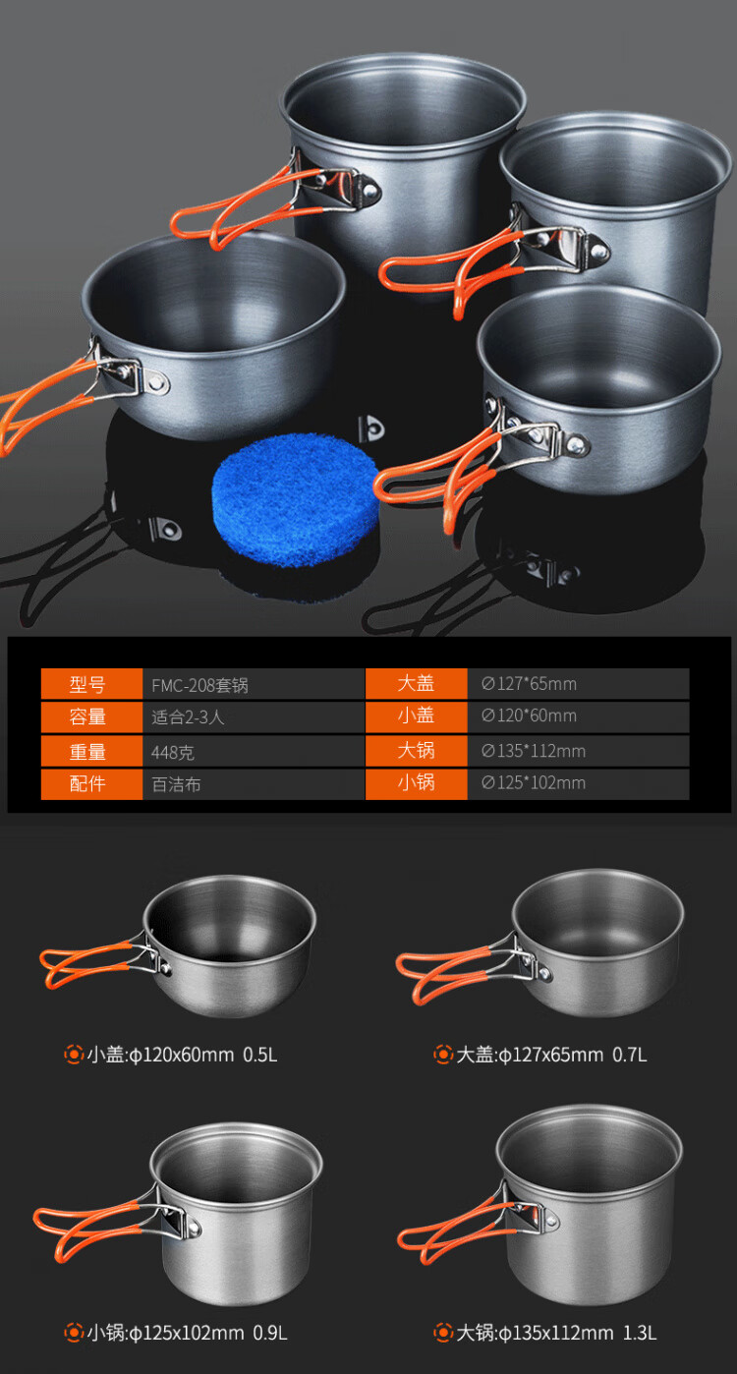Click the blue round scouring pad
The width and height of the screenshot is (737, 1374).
click(295, 499)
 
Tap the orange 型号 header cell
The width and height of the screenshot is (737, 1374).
click(91, 683)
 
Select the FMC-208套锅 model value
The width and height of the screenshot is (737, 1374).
click(199, 685)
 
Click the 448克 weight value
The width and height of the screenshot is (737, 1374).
click(173, 752)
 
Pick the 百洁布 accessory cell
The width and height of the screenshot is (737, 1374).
click(176, 784)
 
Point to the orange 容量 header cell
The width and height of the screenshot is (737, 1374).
click(91, 716)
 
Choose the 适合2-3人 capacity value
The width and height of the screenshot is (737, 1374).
click(189, 717)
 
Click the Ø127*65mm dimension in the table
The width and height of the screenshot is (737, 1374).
click(529, 683)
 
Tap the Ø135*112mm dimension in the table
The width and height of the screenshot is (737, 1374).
click(534, 751)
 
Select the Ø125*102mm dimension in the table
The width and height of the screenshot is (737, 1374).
click(534, 782)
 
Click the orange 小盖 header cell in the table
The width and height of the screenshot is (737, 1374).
click(417, 716)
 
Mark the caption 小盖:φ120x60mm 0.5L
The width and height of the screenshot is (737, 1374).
click(182, 1055)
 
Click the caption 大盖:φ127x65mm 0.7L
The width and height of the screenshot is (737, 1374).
click(551, 1055)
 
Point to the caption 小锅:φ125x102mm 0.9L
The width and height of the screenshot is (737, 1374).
click(187, 1333)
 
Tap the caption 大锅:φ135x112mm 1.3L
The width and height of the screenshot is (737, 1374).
click(556, 1333)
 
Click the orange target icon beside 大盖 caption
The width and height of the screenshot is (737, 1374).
click(443, 1055)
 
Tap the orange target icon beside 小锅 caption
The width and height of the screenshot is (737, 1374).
click(74, 1333)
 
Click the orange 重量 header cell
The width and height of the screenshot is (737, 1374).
click(91, 751)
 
